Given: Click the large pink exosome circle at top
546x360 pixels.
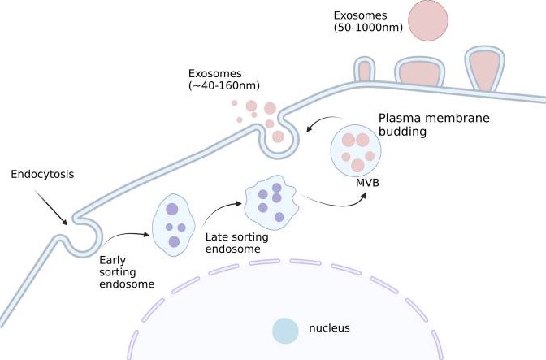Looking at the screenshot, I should [x=428, y=20].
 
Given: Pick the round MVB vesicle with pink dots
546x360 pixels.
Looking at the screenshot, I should [x=357, y=148].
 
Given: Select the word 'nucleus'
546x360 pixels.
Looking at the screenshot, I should [x=329, y=328].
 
